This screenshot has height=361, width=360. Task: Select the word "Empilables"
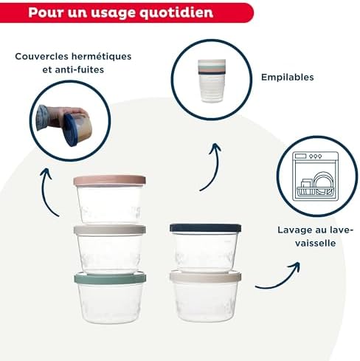click(287, 76)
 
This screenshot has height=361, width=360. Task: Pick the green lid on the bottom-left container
click(109, 278)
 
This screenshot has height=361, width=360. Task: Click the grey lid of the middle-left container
click(109, 230)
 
